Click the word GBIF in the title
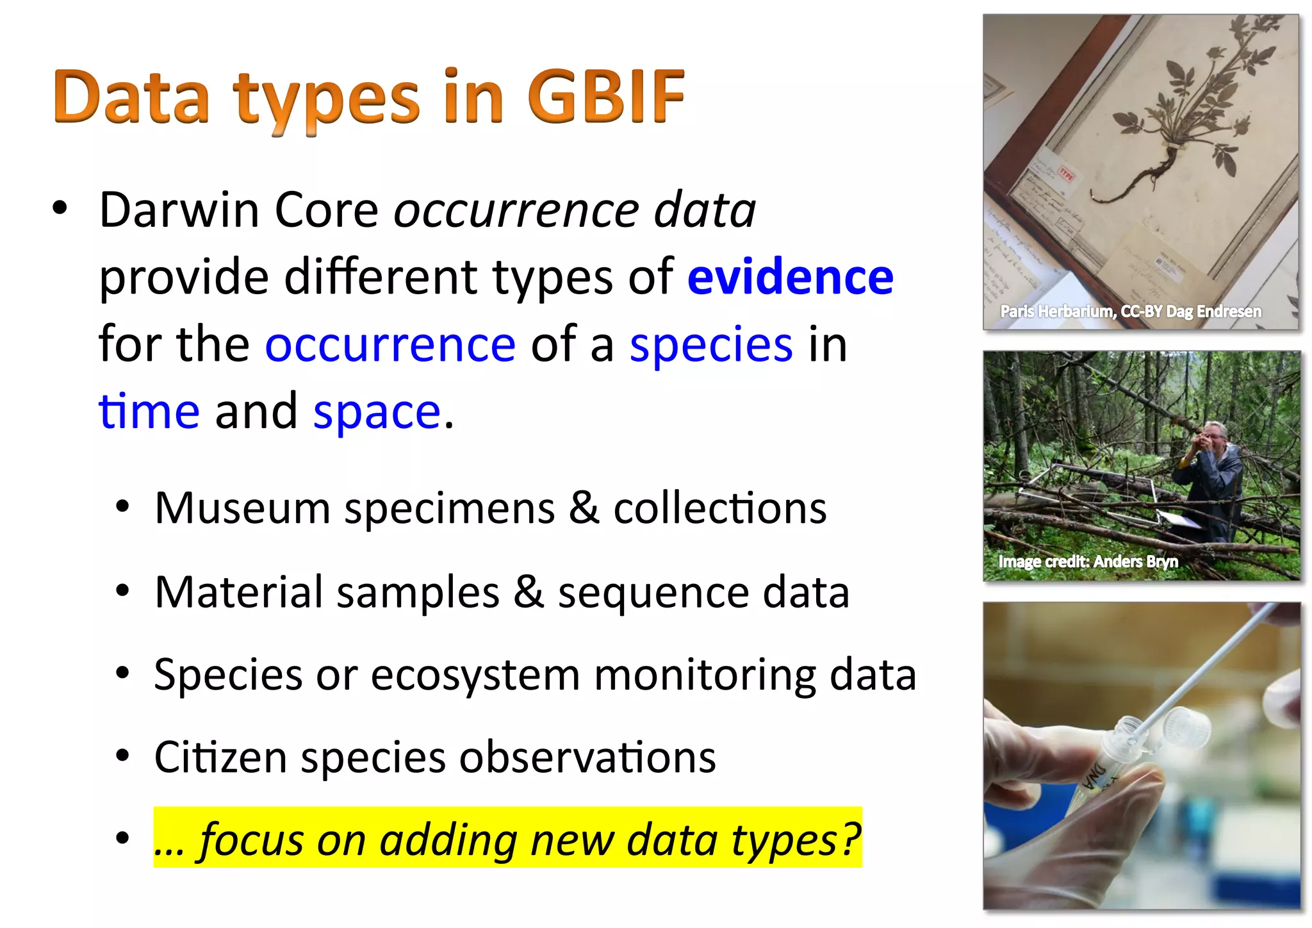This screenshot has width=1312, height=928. [x=606, y=97]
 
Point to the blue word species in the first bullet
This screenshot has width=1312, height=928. [x=711, y=345]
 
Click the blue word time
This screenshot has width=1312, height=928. [x=149, y=411]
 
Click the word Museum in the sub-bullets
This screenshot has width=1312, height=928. [x=242, y=508]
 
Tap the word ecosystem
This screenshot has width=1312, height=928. [x=475, y=675]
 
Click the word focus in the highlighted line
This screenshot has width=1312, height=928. [x=250, y=840]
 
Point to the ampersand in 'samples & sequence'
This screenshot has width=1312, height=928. [x=529, y=592]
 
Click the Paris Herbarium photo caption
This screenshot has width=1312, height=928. [x=1131, y=311]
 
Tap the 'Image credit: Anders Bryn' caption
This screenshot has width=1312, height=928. [x=1088, y=561]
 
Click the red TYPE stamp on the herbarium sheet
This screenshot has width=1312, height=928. [x=1066, y=174]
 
